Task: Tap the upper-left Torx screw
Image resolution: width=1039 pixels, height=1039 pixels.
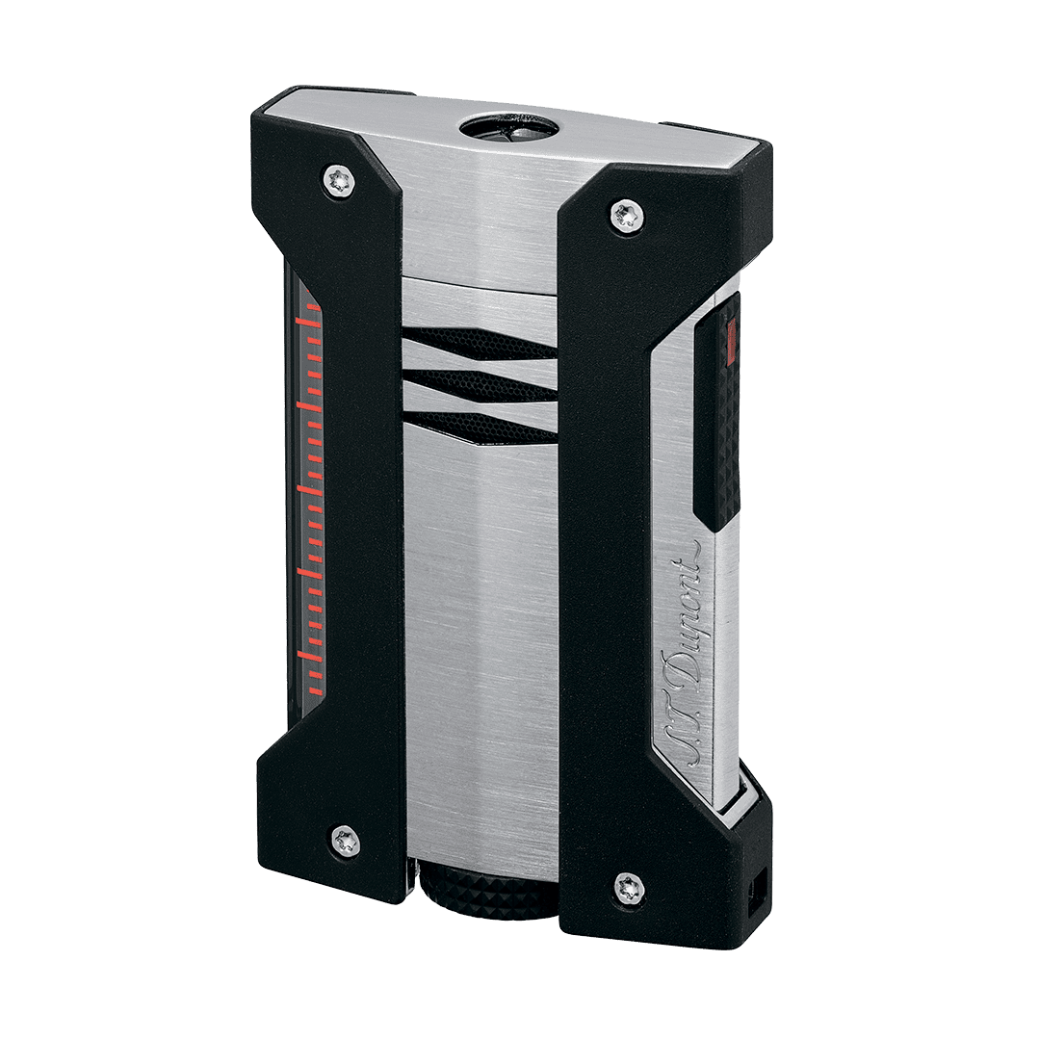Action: tap(340, 181)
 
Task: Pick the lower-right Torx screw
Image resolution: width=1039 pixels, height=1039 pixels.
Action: tap(630, 889)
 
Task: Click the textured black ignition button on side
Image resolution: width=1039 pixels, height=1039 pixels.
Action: tap(716, 412)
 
